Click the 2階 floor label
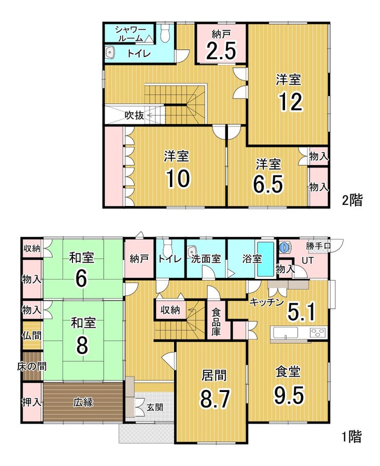(352, 200)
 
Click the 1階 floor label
(352, 437)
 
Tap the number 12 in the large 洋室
(291, 102)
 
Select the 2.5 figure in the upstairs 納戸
(221, 50)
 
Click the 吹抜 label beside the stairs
(134, 115)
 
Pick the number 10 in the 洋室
(178, 178)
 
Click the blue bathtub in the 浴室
(265, 259)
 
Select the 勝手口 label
(318, 246)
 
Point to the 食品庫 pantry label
(216, 322)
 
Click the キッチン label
(267, 303)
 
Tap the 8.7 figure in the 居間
(215, 399)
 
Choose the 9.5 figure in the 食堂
(289, 395)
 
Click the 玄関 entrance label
(155, 407)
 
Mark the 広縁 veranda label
(83, 402)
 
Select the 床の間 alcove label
(32, 366)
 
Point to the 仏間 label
(32, 335)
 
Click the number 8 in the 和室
(82, 345)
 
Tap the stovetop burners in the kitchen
(318, 332)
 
